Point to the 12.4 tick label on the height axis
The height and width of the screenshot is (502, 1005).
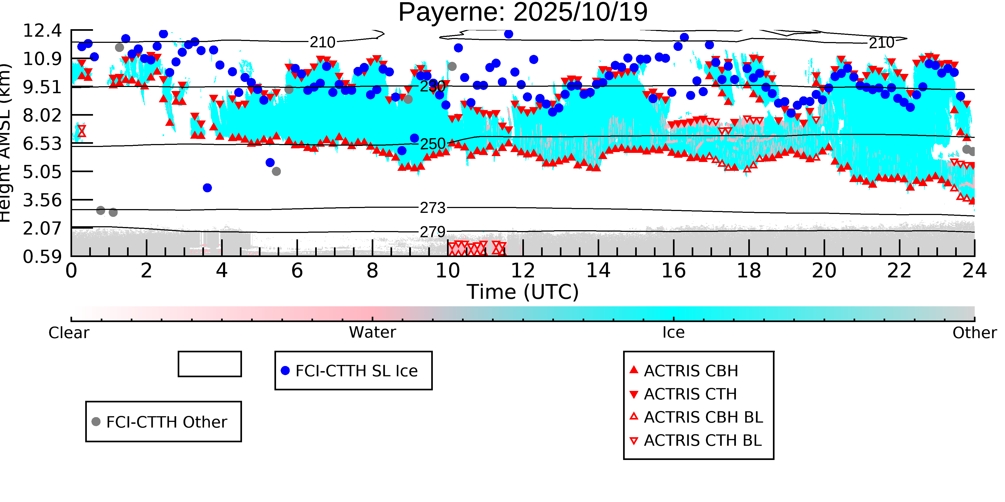pyautogui.click(x=42, y=31)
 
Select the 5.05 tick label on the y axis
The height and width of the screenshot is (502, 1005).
pyautogui.click(x=42, y=172)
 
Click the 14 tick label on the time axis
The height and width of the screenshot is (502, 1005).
pyautogui.click(x=598, y=270)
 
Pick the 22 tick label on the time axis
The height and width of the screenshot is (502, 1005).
pyautogui.click(x=899, y=270)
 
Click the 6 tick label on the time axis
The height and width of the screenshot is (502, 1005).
pyautogui.click(x=297, y=270)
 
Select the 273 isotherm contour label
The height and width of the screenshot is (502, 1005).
pyautogui.click(x=432, y=208)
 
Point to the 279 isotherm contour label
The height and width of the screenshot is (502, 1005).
pyautogui.click(x=432, y=232)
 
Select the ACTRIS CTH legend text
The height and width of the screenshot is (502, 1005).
pyautogui.click(x=690, y=394)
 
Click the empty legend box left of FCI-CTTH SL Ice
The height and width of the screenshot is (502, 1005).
pyautogui.click(x=210, y=364)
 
